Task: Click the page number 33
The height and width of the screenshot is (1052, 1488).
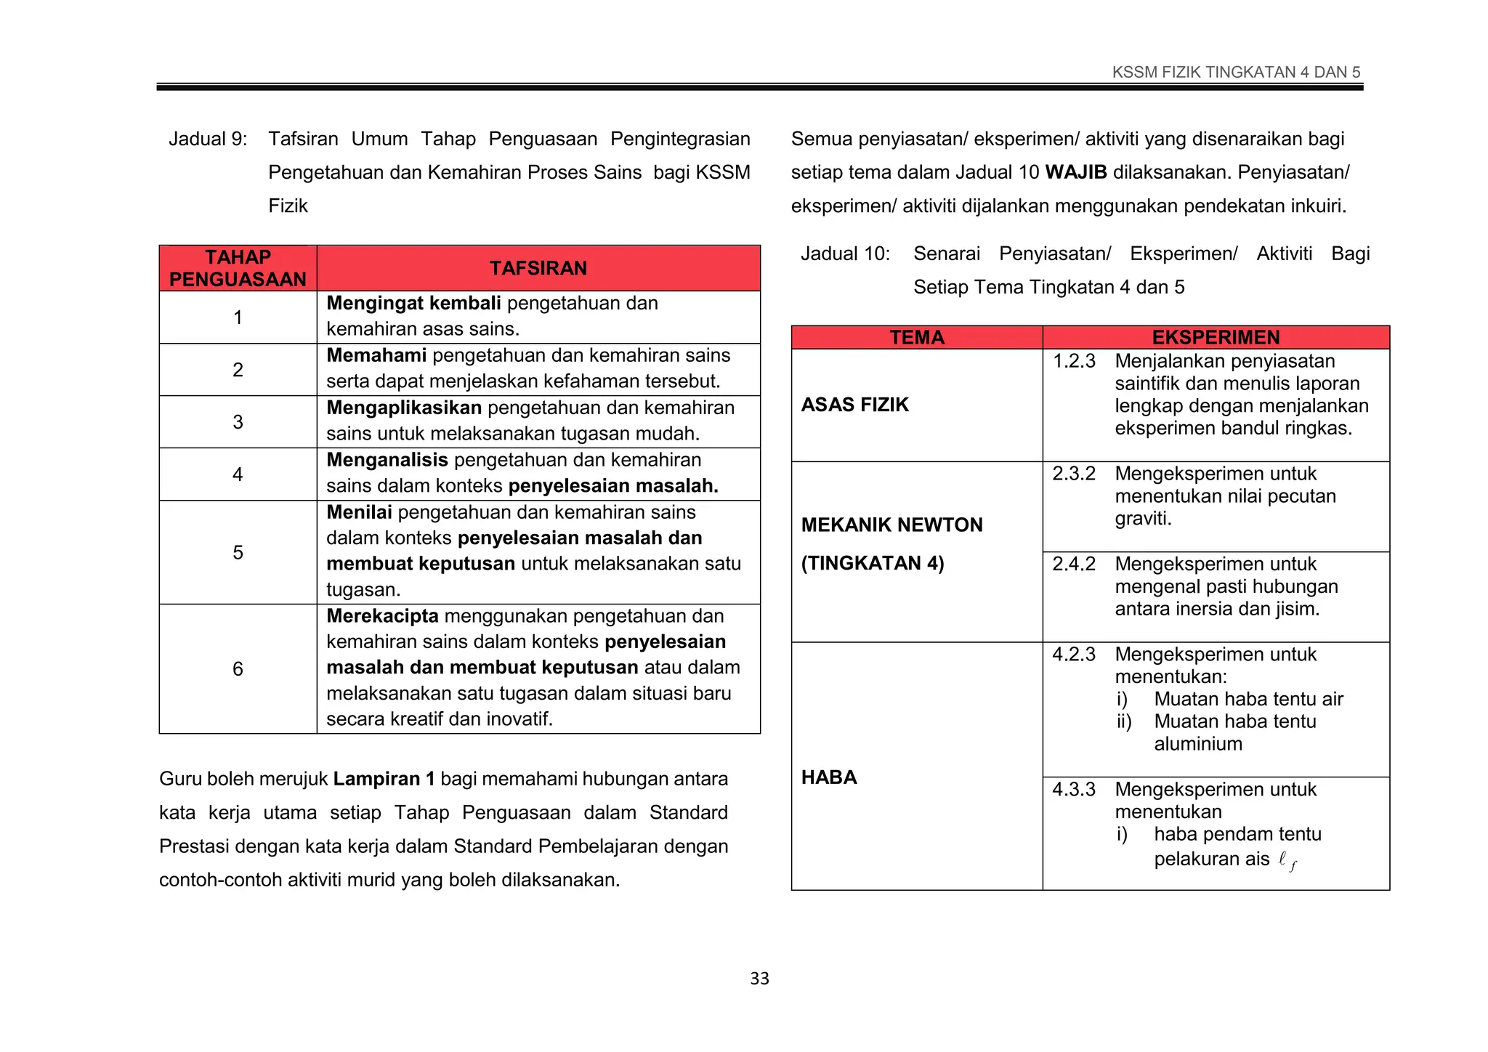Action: click(x=759, y=979)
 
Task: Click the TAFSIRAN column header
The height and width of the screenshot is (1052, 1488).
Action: click(x=538, y=268)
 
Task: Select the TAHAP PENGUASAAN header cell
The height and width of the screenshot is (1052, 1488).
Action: click(x=238, y=268)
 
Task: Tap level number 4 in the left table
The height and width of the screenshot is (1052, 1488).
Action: click(x=238, y=474)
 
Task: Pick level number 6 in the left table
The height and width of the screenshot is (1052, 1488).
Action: click(x=238, y=669)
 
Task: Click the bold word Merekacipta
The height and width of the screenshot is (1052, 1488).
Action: click(x=382, y=616)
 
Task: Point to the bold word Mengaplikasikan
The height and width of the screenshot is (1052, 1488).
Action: click(x=404, y=408)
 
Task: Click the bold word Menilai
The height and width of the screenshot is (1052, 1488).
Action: click(x=359, y=512)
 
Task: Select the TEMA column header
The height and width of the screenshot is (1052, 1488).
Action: click(x=917, y=338)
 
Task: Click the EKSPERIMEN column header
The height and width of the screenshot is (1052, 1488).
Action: click(x=1216, y=338)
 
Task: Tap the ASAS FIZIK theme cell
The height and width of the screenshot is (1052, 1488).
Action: click(x=854, y=405)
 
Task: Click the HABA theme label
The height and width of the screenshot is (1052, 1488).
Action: click(x=829, y=777)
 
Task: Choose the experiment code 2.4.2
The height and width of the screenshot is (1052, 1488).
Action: click(x=1074, y=564)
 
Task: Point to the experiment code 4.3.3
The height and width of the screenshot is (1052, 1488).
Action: click(x=1074, y=789)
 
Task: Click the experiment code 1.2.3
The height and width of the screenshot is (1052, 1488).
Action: click(x=1074, y=361)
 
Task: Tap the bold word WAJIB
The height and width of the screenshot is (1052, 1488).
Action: click(x=1075, y=172)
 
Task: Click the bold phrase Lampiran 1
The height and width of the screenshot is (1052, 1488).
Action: click(x=384, y=779)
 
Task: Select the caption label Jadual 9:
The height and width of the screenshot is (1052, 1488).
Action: click(x=208, y=139)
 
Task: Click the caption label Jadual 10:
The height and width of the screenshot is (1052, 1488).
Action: click(x=845, y=254)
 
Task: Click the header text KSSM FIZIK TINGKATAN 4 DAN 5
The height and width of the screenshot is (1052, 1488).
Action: click(x=1236, y=72)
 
